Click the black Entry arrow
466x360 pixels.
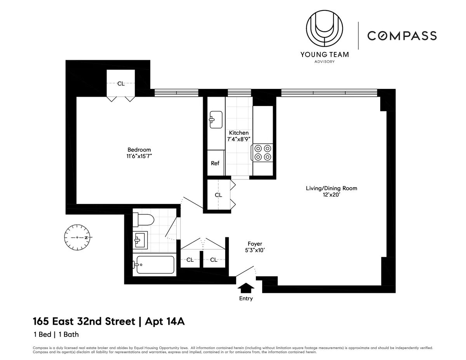point(246,288)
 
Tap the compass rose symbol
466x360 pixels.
point(77,237)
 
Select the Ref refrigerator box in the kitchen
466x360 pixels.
point(215,163)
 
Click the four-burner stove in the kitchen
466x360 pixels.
point(263,152)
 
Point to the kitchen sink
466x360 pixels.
point(216,119)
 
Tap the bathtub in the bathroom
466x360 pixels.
point(154,265)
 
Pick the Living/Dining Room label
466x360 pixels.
point(331,188)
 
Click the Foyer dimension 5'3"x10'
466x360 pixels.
point(255,250)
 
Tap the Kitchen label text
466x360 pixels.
point(238,133)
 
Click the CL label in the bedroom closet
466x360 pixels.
point(121,83)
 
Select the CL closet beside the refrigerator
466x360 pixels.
point(218,195)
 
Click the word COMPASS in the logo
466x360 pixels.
point(402,36)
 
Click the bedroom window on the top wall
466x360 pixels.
point(176,93)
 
